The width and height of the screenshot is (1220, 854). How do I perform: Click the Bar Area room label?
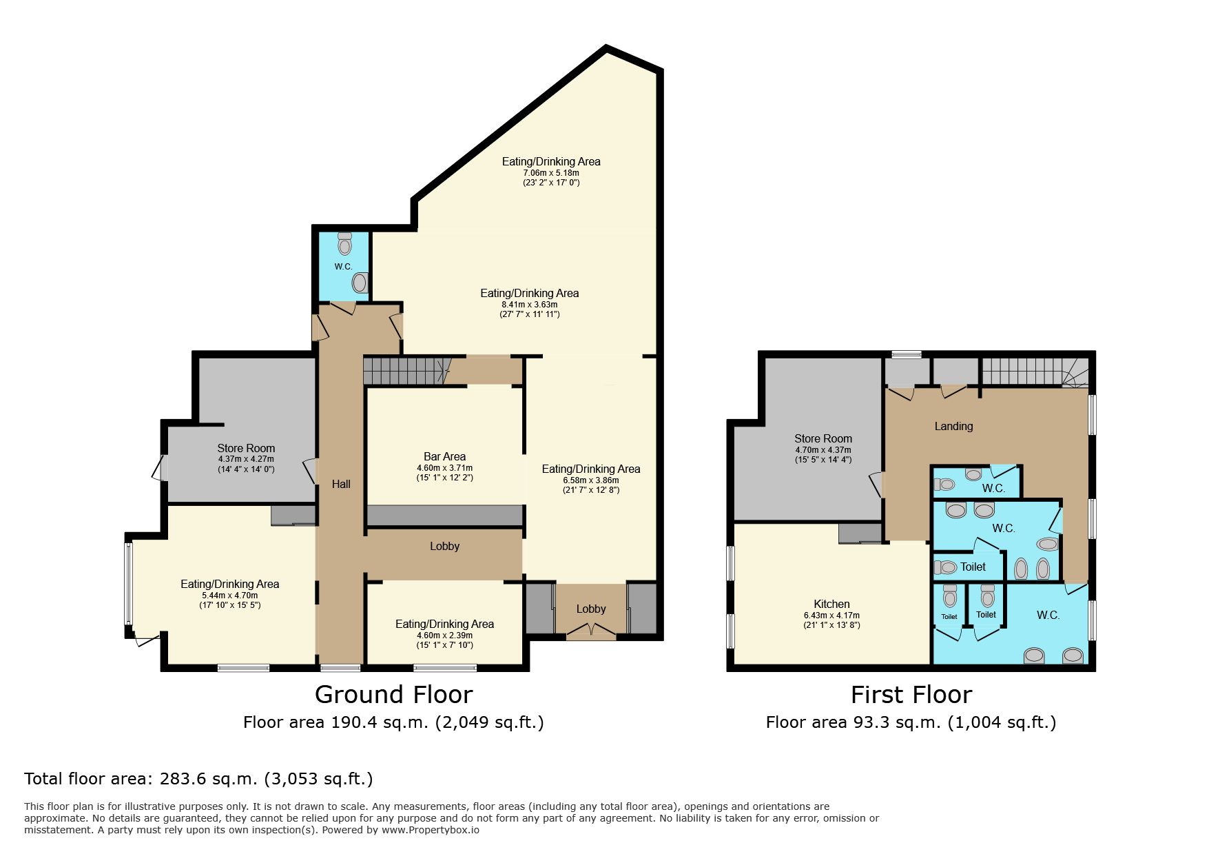coord(444,456)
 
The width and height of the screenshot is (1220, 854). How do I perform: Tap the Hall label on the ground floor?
coord(341,484)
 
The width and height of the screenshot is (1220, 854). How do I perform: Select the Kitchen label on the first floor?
coord(831,604)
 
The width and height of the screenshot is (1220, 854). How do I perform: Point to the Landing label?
coord(953,426)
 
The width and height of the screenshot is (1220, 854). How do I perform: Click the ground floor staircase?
coord(406,371)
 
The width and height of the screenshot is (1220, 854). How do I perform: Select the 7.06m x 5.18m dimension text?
coord(551,173)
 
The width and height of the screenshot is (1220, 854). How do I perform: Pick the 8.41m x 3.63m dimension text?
coord(529,305)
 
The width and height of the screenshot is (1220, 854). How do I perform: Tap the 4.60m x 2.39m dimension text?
coord(444,636)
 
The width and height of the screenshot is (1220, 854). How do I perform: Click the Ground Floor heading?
coord(393,695)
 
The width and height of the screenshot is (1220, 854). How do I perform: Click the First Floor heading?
coord(911,695)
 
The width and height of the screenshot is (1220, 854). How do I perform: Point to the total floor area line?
coord(198,779)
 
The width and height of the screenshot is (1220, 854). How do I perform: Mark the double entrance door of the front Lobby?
coord(591,630)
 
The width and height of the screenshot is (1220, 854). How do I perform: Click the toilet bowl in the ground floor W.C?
coord(344,244)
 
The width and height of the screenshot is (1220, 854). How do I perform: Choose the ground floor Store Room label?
coord(246,448)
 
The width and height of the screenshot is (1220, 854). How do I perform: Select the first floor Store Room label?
coord(823,438)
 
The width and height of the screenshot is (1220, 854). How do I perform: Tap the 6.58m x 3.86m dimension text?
coord(591,480)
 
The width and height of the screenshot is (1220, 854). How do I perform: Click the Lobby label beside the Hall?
coord(444,546)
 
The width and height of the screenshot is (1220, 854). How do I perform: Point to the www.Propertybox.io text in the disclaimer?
coord(431,830)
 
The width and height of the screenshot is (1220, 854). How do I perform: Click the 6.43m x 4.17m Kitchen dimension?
coord(831,616)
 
